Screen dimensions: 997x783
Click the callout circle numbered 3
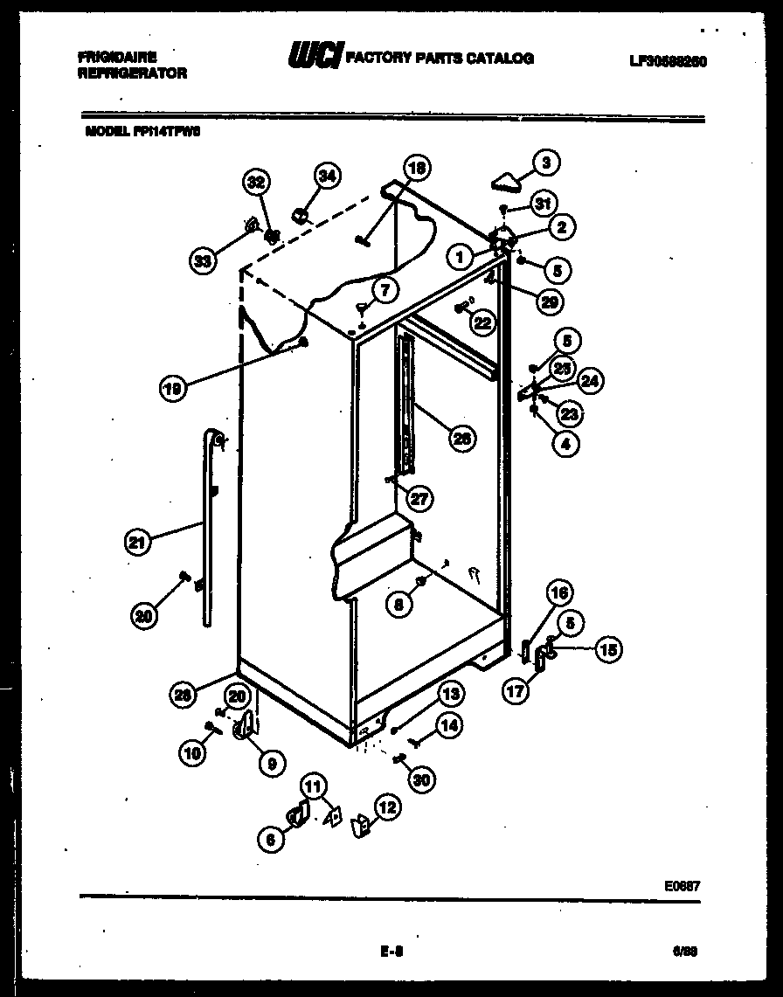coord(546,163)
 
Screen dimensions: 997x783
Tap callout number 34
coord(326,176)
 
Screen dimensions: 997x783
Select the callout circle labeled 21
coord(135,542)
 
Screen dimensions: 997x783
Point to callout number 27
coord(420,499)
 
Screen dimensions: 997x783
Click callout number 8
coord(400,602)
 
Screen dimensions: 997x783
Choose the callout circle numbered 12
coord(386,807)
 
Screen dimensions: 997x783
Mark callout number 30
coord(422,780)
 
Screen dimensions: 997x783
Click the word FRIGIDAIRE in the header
coord(116,57)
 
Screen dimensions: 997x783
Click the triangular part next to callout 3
coord(506,181)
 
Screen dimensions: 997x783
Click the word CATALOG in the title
coord(499,59)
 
